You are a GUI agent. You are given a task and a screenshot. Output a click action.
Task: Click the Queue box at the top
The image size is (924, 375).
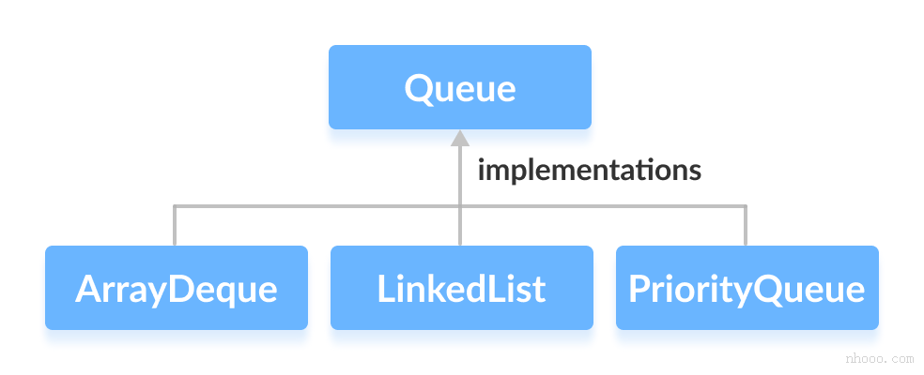[459, 87]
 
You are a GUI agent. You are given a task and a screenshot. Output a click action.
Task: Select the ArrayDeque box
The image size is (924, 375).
[176, 288]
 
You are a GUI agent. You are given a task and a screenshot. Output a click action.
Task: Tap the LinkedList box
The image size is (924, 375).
[461, 288]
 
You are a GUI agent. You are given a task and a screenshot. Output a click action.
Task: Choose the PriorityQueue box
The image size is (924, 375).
[747, 288]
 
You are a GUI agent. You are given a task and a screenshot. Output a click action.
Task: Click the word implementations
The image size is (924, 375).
[589, 171]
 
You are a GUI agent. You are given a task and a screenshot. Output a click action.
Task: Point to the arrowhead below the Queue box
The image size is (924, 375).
[459, 139]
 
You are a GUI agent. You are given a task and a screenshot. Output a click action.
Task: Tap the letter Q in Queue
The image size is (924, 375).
[418, 88]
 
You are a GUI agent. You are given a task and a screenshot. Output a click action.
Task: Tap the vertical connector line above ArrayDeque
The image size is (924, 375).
[175, 226]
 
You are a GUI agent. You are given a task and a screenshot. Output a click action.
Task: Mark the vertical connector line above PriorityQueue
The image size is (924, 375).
[746, 226]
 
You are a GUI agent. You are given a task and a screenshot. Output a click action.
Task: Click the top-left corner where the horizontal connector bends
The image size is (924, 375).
[175, 206]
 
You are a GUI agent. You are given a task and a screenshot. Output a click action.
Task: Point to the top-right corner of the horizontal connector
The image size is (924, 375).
[746, 206]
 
